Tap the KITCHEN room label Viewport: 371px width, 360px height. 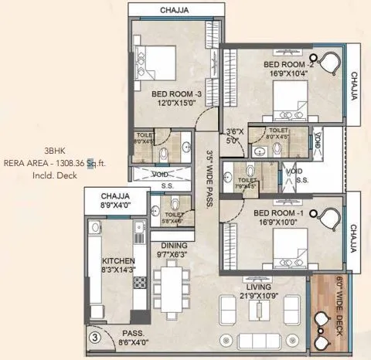point(118,261)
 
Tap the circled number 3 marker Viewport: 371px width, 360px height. point(94,337)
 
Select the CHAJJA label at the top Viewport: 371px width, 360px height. point(177,10)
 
